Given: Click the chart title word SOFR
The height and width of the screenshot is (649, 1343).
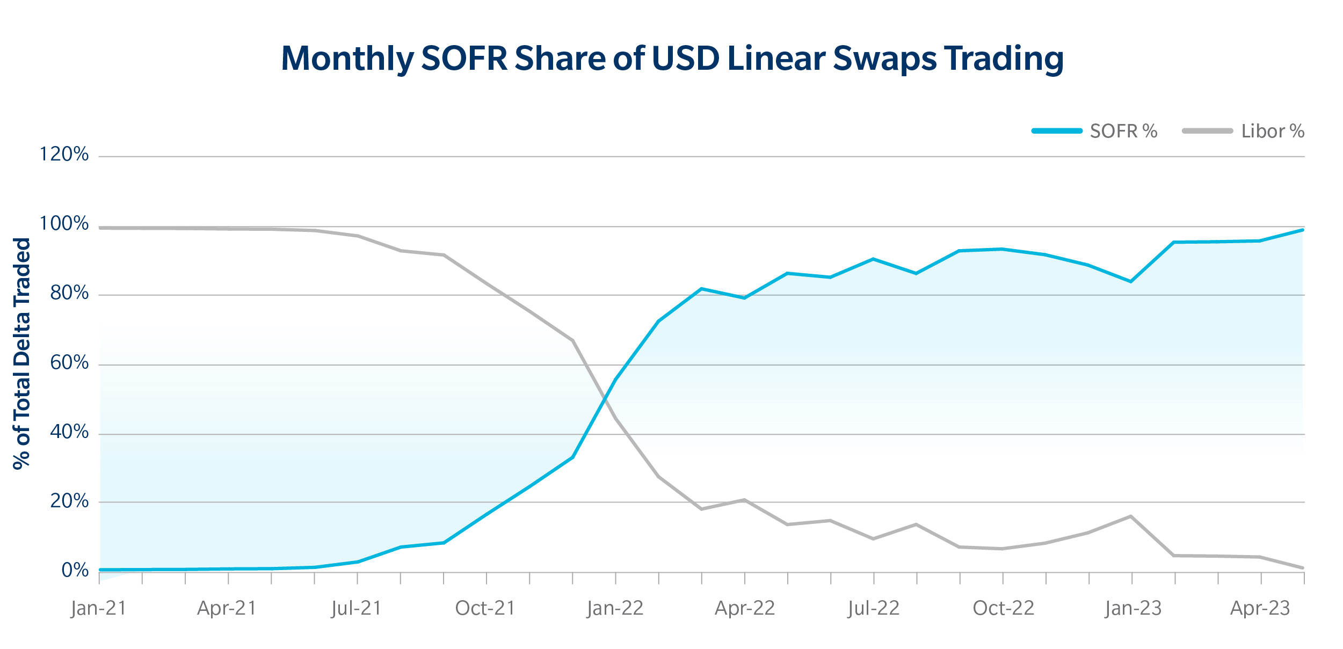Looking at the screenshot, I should point(464,58).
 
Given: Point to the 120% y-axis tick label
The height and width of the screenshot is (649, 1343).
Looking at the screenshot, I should point(64,155).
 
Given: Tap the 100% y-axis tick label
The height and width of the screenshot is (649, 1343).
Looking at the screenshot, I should point(64,224).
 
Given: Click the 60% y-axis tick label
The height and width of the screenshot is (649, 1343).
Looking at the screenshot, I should point(69,363).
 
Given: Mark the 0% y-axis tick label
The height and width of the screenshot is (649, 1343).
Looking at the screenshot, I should point(75,570).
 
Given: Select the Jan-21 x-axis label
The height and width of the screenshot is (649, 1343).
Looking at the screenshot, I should point(99,608).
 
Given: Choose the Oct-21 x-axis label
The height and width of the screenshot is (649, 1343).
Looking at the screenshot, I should point(485,608).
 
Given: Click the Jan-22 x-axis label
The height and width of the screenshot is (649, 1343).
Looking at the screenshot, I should point(615,608).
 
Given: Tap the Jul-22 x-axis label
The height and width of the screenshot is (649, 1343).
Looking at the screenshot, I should point(874,608).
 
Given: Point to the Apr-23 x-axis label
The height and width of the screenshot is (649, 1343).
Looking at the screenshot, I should point(1260,608).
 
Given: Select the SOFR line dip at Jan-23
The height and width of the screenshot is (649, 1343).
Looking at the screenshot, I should point(1131,281).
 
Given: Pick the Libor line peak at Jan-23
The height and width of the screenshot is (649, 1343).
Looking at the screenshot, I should point(1131,516).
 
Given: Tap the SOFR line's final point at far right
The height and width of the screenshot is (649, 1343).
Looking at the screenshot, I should point(1302,230).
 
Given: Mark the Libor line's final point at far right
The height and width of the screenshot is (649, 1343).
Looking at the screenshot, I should point(1302,568).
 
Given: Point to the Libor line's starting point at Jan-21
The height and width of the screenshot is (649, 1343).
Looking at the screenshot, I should point(101,228).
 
